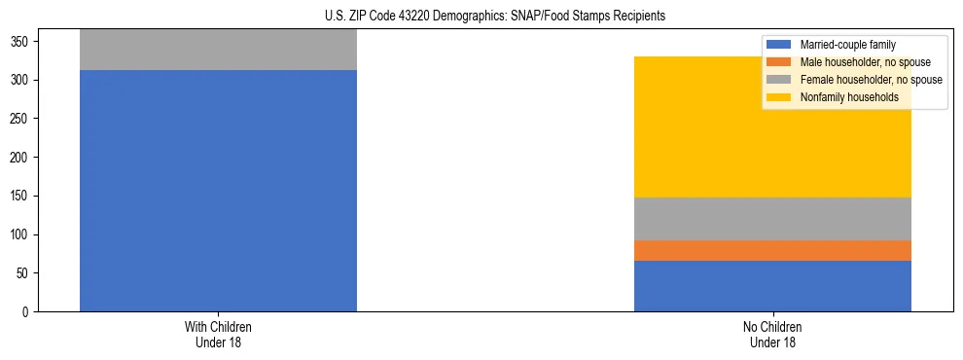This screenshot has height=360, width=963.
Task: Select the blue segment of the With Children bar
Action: (218, 191)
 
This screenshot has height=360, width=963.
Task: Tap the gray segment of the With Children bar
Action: (218, 50)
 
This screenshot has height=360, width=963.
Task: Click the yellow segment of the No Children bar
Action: (772, 126)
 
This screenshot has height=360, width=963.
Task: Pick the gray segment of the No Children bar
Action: (772, 219)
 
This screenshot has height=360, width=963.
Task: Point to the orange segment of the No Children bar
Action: (772, 250)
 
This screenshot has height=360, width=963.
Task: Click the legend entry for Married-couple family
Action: (847, 45)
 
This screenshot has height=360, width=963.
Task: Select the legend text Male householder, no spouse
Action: (865, 62)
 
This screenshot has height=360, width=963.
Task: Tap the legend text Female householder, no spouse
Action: (871, 80)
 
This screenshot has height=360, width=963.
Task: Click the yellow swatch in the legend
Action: (778, 97)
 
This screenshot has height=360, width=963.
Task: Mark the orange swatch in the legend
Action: (778, 62)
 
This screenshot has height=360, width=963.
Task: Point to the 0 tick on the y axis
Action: (28, 312)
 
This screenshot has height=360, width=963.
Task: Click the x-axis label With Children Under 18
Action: (218, 334)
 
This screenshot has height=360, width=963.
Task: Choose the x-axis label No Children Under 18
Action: (772, 334)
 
